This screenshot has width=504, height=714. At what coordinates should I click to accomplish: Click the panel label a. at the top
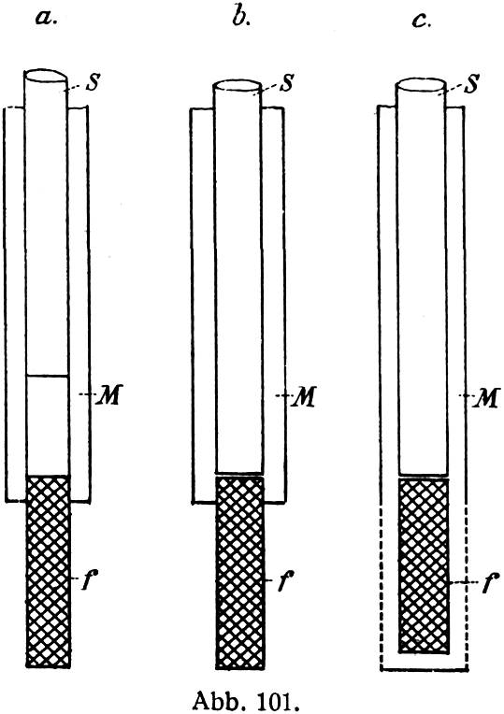(x=47, y=19)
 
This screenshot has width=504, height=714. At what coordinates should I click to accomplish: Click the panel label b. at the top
(x=240, y=17)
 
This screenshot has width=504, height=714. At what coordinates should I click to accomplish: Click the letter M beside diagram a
(x=108, y=395)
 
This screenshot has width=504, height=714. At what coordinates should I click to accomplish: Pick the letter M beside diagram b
(x=303, y=397)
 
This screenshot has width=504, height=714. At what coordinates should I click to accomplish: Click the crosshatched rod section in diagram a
(x=49, y=571)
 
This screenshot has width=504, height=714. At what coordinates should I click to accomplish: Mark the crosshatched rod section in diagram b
(x=239, y=572)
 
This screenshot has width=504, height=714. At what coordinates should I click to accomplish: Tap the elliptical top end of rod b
(x=238, y=87)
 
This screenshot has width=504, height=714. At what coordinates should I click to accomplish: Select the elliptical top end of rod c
(x=422, y=86)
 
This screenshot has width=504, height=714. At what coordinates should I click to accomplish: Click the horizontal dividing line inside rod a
(x=48, y=376)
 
